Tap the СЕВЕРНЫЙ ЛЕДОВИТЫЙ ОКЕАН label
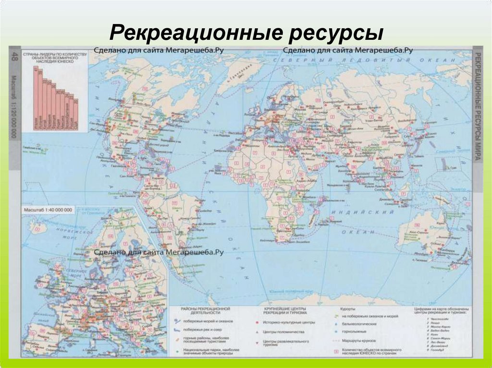(x=365, y=59)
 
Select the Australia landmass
(x=423, y=235)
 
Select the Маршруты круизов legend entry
(x=358, y=340)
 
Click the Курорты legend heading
(x=348, y=309)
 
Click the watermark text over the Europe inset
(x=159, y=251)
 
